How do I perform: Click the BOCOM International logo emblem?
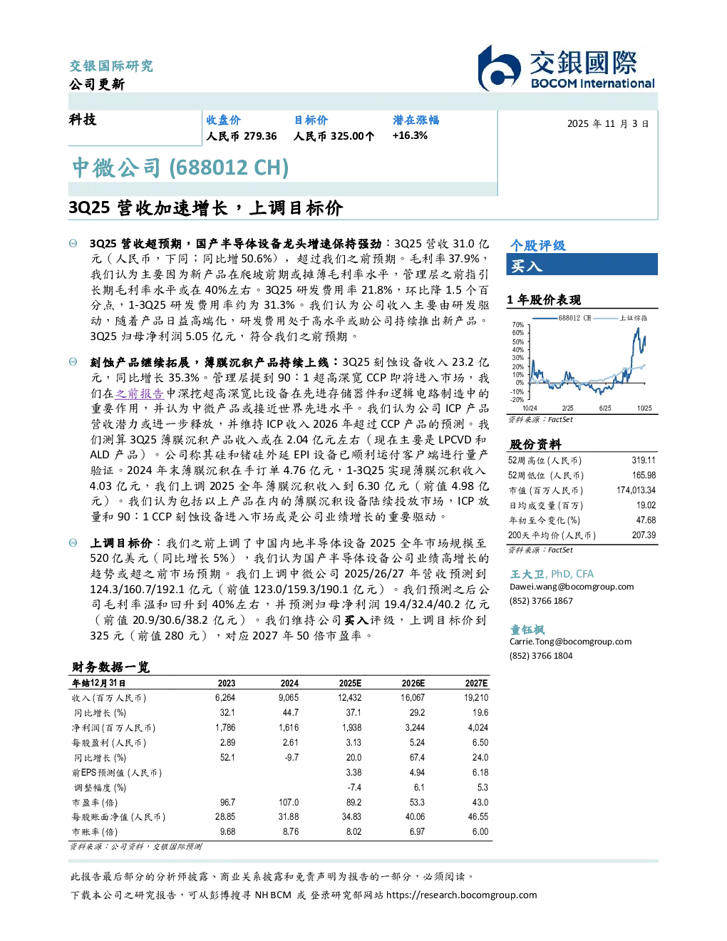[498, 68]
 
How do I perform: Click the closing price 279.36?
[260, 136]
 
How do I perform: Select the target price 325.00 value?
[347, 136]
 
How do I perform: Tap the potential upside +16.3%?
[410, 135]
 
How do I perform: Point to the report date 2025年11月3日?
[608, 124]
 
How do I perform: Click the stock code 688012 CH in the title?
[229, 168]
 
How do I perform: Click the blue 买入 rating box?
[582, 264]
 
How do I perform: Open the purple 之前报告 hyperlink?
[139, 394]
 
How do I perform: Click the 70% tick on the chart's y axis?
[518, 324]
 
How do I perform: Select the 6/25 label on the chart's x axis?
[605, 408]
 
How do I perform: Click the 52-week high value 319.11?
[644, 460]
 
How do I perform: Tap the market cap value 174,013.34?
[636, 490]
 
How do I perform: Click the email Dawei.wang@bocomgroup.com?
[572, 587]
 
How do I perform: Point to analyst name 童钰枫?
[527, 629]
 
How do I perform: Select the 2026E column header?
[413, 683]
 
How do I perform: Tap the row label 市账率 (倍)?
[95, 832]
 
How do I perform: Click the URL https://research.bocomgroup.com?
[461, 895]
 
